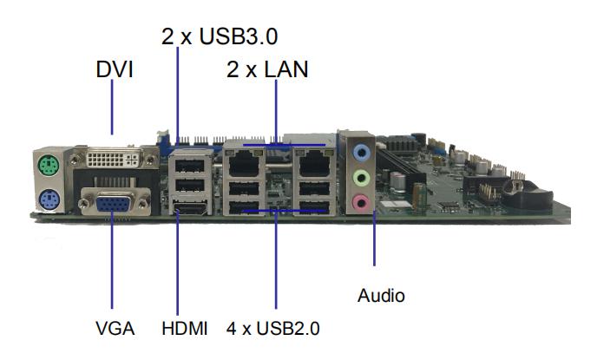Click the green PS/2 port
point(49,165)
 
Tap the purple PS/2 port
point(49,199)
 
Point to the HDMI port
point(190,208)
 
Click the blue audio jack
point(361,153)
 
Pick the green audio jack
point(361,177)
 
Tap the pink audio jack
point(361,202)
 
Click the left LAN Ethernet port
point(244,163)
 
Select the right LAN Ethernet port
point(314,163)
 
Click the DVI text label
point(115,69)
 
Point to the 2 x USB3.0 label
point(220,36)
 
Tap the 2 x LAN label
point(267,69)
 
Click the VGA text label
point(115,329)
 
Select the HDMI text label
point(185,329)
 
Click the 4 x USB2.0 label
point(273,329)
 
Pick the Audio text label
point(381,296)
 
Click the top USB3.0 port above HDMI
point(190,166)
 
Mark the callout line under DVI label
point(112,107)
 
